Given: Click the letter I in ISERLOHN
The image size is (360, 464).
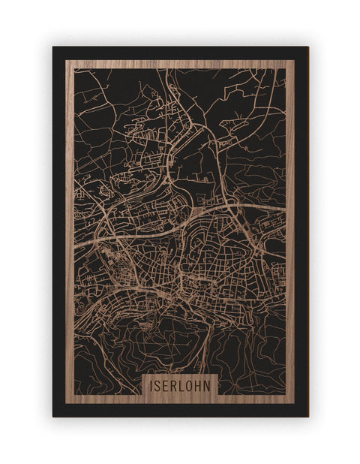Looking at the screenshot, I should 151,384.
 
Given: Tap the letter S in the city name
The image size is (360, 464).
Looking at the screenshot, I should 159,384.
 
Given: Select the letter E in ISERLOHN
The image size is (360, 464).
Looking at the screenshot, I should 167,384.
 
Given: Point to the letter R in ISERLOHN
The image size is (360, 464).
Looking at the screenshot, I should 175,384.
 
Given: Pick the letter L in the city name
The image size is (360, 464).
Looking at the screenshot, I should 184,384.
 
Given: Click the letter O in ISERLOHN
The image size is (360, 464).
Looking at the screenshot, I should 192,384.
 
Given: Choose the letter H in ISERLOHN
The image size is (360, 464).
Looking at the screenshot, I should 201,384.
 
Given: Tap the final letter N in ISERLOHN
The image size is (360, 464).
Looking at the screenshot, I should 210,384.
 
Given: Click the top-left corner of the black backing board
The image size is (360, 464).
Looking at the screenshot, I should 53,47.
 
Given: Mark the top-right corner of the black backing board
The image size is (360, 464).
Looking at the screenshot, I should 307,47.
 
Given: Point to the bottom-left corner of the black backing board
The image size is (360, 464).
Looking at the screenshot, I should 53,416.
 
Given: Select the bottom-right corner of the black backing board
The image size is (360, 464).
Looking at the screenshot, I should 307,416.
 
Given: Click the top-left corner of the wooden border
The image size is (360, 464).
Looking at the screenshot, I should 66,60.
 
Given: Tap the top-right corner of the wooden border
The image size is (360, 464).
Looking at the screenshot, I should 294,60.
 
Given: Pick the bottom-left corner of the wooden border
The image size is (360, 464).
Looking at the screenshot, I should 66,403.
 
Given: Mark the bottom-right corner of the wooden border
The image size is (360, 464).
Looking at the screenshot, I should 294,403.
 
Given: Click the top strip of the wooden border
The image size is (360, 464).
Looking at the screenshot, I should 180,64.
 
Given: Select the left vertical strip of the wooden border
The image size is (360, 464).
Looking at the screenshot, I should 69,225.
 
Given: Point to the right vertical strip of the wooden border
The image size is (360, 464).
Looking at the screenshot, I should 290,225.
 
